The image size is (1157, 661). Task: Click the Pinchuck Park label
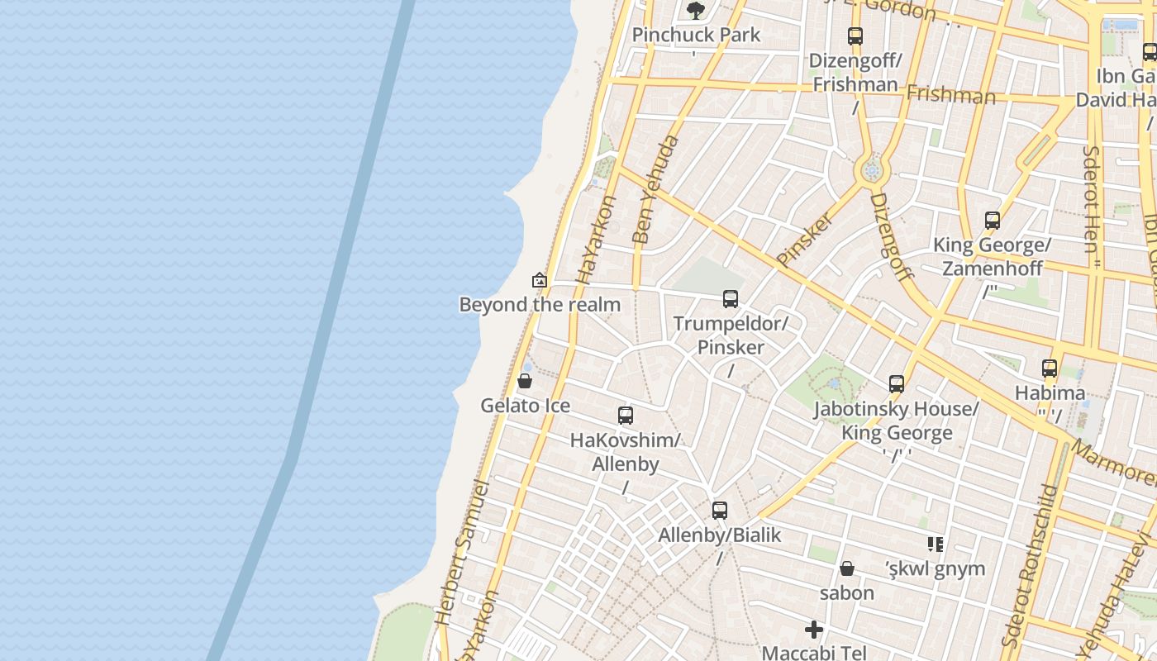click(696, 35)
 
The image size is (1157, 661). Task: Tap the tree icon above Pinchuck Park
click(696, 10)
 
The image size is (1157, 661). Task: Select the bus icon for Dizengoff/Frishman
click(855, 36)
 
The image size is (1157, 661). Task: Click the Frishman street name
click(950, 93)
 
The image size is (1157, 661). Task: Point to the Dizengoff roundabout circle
click(870, 171)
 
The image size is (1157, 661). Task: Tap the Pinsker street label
click(804, 240)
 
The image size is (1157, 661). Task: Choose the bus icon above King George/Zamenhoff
click(993, 221)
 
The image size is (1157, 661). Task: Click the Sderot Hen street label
click(1091, 198)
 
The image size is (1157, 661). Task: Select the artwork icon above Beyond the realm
click(540, 280)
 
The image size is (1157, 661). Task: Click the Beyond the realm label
click(540, 305)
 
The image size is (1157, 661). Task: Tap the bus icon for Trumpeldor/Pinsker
click(731, 299)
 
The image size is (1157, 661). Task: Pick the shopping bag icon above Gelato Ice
click(524, 381)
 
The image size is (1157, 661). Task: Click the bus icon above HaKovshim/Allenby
click(626, 416)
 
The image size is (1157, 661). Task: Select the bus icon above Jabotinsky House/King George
click(897, 384)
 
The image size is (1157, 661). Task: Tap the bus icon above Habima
click(1050, 369)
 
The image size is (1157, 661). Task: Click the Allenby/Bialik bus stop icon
click(720, 511)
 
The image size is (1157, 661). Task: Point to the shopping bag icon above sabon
click(847, 568)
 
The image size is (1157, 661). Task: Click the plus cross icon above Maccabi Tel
click(814, 630)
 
